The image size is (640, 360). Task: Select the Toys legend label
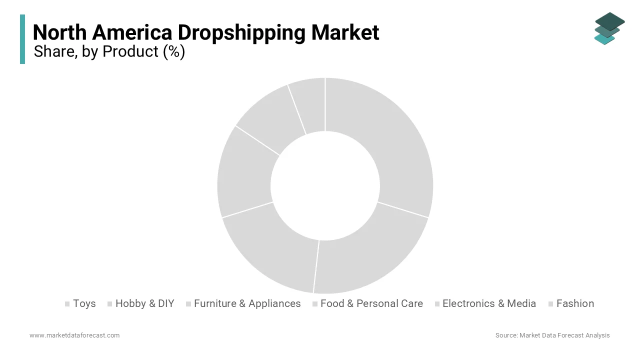click(x=84, y=303)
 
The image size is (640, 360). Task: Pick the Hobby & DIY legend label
click(x=144, y=303)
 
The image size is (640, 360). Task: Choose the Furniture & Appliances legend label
click(x=247, y=303)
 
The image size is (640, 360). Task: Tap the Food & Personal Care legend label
click(x=371, y=303)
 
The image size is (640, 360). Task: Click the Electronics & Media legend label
click(x=489, y=303)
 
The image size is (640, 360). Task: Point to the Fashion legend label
click(x=575, y=303)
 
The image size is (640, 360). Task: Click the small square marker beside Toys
click(x=67, y=304)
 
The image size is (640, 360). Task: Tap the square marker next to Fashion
click(x=550, y=304)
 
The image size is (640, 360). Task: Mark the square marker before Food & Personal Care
click(x=314, y=304)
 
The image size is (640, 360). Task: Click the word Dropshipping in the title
click(x=242, y=33)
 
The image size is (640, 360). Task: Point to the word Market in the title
click(x=345, y=33)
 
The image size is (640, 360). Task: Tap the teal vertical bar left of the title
click(x=22, y=39)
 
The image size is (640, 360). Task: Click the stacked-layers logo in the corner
click(x=609, y=28)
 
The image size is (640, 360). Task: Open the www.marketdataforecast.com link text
click(x=74, y=335)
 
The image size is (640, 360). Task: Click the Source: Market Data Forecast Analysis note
click(x=552, y=335)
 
